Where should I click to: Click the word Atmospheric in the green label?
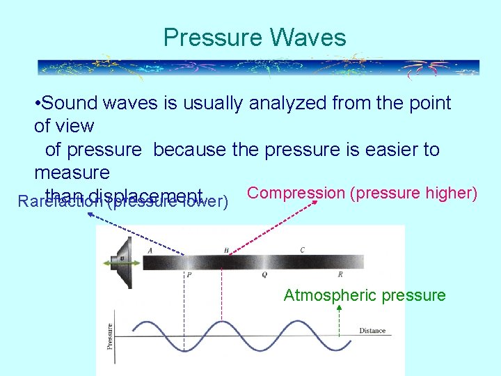click(x=325, y=295)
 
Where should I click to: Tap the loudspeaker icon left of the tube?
click(x=122, y=262)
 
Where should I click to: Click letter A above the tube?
click(x=150, y=250)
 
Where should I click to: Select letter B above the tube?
click(x=225, y=250)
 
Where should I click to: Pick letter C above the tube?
click(x=302, y=250)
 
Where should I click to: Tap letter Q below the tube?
click(x=264, y=275)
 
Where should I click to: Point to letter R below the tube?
click(x=340, y=275)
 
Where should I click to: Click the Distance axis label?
click(x=372, y=331)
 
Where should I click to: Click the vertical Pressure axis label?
click(x=109, y=340)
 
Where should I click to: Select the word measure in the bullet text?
click(x=72, y=172)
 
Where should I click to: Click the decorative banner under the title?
click(x=257, y=67)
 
